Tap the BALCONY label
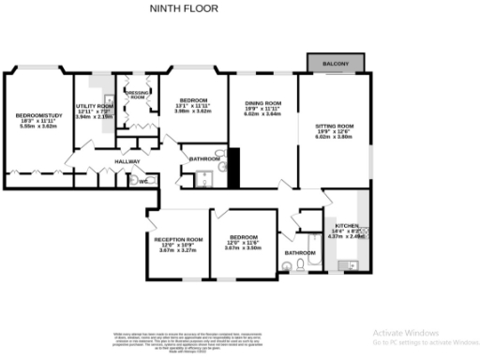[x=337, y=64]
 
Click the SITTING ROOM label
[x=334, y=126]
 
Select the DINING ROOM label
[x=262, y=103]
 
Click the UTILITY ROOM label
[x=94, y=107]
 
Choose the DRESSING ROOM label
[x=137, y=95]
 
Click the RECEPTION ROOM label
[x=178, y=239]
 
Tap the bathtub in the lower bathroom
[x=306, y=234]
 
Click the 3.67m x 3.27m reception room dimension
[x=178, y=251]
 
